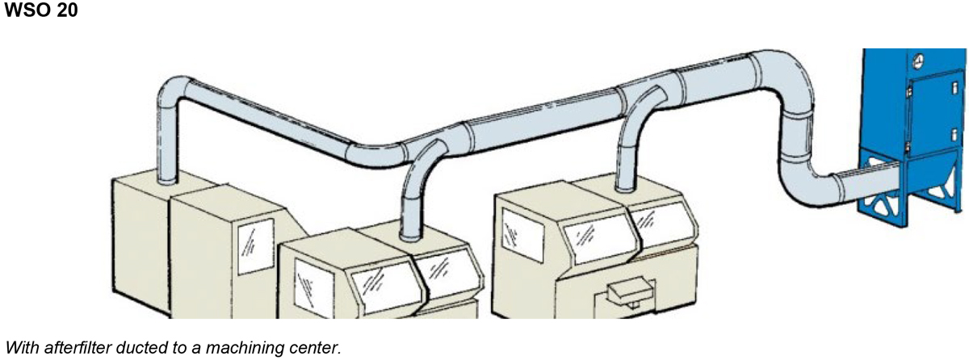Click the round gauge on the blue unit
click(x=917, y=61)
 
